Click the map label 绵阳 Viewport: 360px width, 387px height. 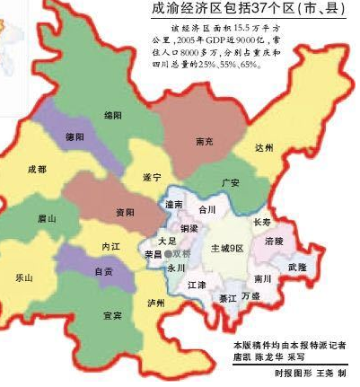click(x=112, y=116)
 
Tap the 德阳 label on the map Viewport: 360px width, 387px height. click(x=74, y=138)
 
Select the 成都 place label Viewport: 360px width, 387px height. click(x=37, y=169)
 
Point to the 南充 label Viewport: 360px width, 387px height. click(x=204, y=141)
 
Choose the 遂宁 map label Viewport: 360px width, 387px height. click(x=152, y=178)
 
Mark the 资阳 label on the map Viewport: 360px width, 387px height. click(x=125, y=212)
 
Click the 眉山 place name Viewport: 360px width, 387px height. click(x=47, y=218)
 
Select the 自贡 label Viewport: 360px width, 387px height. click(x=104, y=270)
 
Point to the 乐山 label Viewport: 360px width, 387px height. click(x=23, y=278)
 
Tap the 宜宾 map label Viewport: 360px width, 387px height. click(x=112, y=316)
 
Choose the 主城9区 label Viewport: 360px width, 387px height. click(x=227, y=247)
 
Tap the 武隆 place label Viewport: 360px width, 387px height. click(x=297, y=267)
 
